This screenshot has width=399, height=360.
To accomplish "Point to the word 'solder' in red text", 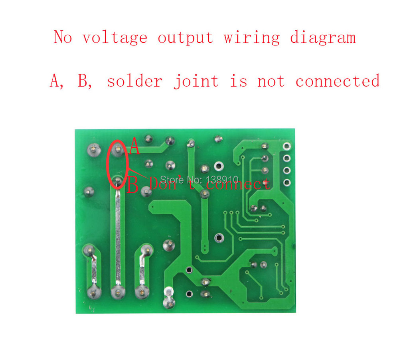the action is pyautogui.click(x=134, y=81).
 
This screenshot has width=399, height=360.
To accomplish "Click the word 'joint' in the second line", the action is pyautogui.click(x=196, y=81).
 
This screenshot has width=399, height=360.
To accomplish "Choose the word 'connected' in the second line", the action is pyautogui.click(x=338, y=81).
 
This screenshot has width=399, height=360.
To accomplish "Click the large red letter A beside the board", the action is pyautogui.click(x=134, y=146).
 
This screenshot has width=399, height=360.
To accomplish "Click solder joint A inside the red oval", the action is pyautogui.click(x=117, y=149).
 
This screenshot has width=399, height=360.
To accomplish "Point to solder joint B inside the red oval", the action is pyautogui.click(x=117, y=181).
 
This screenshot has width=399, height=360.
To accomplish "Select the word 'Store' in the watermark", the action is pyautogui.click(x=172, y=180).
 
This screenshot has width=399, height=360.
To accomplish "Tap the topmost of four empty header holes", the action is pyautogui.click(x=287, y=146).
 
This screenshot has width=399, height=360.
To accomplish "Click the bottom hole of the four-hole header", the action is pyautogui.click(x=287, y=182).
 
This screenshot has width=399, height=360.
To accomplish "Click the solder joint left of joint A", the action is pyautogui.click(x=94, y=149).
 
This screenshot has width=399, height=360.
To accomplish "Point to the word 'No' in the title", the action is pyautogui.click(x=63, y=37).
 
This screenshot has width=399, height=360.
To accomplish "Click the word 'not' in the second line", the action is pyautogui.click(x=271, y=81).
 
